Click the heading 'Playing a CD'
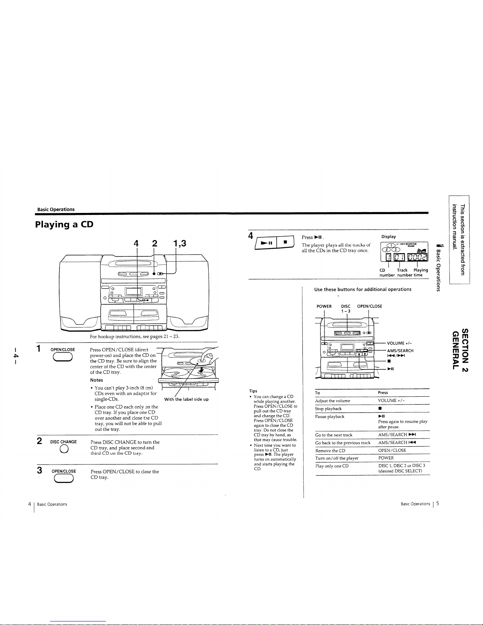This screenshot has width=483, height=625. click(64, 225)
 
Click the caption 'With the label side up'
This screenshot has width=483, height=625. click(186, 399)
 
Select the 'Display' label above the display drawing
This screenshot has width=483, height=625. click(388, 237)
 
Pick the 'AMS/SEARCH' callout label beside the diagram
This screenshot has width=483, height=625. click(400, 351)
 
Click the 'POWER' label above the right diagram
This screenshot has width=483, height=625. click(324, 306)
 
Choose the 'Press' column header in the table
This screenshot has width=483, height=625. click(383, 393)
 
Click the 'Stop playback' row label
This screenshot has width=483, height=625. click(328, 409)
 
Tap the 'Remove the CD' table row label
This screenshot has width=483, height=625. click(330, 451)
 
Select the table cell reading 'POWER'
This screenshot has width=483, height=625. click(386, 458)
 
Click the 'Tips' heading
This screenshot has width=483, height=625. click(253, 391)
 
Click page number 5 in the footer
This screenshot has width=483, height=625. click(438, 503)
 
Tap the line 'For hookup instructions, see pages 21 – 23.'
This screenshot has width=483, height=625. click(134, 337)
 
